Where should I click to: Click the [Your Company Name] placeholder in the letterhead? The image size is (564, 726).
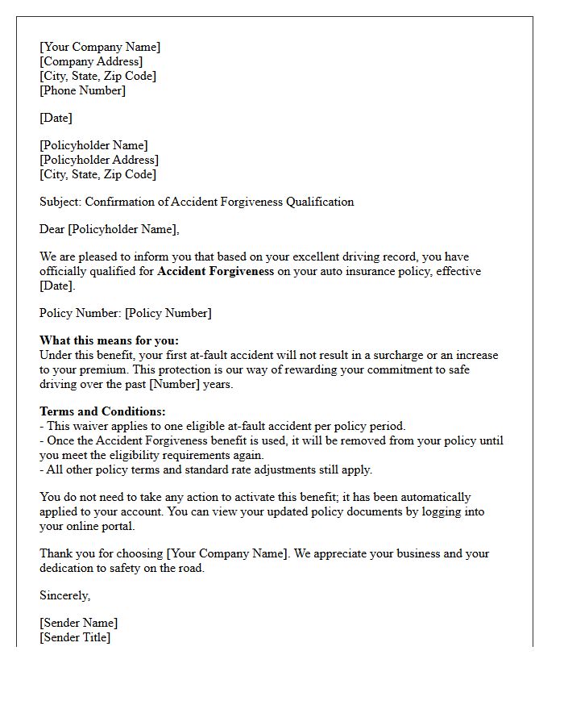point(100,47)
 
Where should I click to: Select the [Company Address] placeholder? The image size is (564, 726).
point(91,61)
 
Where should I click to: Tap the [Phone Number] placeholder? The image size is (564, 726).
point(82,90)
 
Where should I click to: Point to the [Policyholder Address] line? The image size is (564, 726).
point(98,160)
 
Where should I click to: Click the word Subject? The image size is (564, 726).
point(60,202)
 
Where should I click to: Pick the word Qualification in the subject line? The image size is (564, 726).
point(320,202)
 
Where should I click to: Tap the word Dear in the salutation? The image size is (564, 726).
point(52,229)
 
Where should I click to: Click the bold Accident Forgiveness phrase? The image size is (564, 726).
point(215,271)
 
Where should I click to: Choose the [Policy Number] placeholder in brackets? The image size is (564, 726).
point(168,313)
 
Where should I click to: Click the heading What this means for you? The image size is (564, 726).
point(109,340)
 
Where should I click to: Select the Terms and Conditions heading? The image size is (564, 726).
point(102,411)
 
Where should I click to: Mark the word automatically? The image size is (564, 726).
point(434,497)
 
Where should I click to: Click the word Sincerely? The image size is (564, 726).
point(64,595)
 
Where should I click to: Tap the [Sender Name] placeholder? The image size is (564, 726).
point(78,623)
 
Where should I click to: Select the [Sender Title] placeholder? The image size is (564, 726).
point(75,637)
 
